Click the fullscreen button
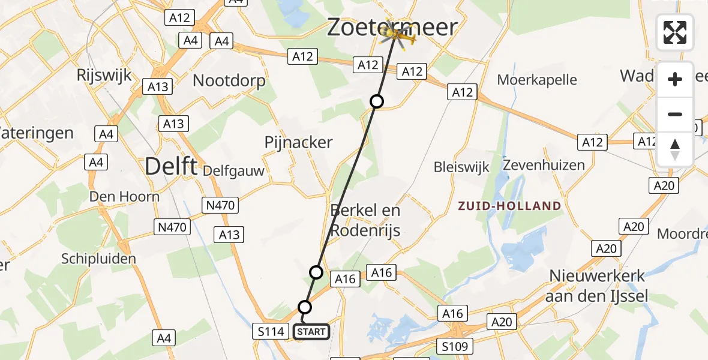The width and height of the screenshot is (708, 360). pyautogui.click(x=675, y=32)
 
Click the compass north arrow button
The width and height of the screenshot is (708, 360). pyautogui.click(x=675, y=149)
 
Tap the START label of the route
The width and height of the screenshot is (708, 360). pyautogui.click(x=311, y=331)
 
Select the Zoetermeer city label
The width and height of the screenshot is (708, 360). pyautogui.click(x=392, y=27)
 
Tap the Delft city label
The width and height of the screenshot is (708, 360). pyautogui.click(x=171, y=166)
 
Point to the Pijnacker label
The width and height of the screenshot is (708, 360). pyautogui.click(x=298, y=142)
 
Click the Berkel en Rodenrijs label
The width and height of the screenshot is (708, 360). pyautogui.click(x=365, y=220)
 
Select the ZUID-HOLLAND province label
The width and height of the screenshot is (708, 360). pyautogui.click(x=509, y=206)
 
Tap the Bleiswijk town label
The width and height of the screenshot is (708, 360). pyautogui.click(x=461, y=167)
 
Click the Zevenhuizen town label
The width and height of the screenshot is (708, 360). pyautogui.click(x=544, y=164)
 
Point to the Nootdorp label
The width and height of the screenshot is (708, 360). pyautogui.click(x=229, y=81)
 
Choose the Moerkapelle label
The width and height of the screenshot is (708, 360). pyautogui.click(x=537, y=79)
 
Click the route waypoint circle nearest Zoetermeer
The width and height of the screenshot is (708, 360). pyautogui.click(x=376, y=101)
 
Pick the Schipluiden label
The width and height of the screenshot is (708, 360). pyautogui.click(x=99, y=259)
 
